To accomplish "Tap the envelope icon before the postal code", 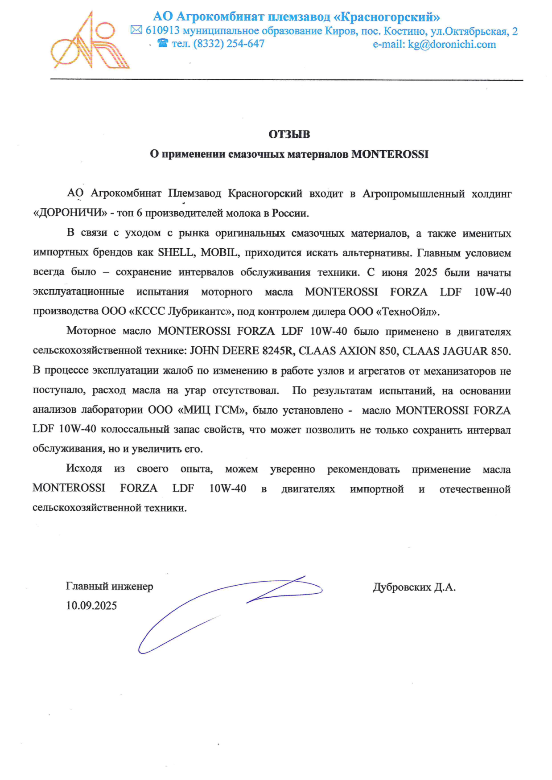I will pos(136,30).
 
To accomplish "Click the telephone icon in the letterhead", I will pos(163,43).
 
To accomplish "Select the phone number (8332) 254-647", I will pos(229,44).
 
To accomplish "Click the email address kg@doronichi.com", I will pos(452,44).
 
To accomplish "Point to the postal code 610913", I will pos(162,30).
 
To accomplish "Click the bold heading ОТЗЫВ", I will pos(289,134).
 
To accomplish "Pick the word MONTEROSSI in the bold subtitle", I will pos(390,154).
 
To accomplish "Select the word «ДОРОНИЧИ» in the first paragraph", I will pos(70,213).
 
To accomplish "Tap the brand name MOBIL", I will pos(219,253).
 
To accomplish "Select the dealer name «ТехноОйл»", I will pos(408,312).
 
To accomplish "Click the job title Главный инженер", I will pos(109,586).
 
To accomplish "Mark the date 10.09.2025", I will pos(91,605).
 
